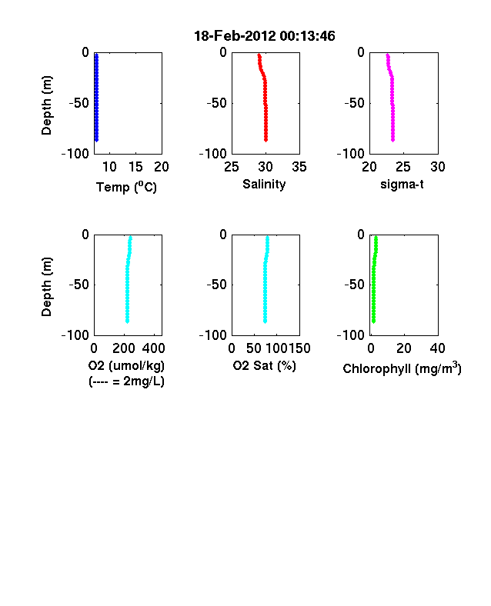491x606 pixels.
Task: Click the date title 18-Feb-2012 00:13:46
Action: tap(265, 36)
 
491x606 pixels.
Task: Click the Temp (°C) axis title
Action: tap(126, 187)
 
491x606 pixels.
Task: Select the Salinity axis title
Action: tap(264, 184)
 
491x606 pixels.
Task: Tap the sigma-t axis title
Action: tap(402, 185)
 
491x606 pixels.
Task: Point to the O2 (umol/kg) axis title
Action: tap(126, 365)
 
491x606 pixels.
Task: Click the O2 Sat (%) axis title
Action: tap(264, 365)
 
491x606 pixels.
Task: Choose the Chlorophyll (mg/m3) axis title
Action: tap(402, 368)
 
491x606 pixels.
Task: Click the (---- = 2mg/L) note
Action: tap(126, 381)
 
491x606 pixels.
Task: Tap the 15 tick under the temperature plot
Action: tap(135, 167)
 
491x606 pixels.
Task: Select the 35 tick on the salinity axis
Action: tap(299, 167)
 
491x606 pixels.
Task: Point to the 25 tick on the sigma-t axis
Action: tap(403, 167)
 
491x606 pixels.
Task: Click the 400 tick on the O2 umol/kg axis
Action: tap(153, 348)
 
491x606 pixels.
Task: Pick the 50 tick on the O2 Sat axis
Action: tap(254, 348)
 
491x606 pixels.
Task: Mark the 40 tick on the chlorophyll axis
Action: tap(437, 348)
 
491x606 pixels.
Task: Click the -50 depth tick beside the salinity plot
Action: tap(216, 103)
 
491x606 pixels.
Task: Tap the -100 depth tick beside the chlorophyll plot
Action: tap(351, 335)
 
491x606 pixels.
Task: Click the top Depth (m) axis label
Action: tap(46, 105)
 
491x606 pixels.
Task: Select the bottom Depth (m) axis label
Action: tap(46, 287)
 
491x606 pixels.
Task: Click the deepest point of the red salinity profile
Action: tap(266, 140)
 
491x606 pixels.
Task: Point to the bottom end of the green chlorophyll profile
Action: tap(373, 321)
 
